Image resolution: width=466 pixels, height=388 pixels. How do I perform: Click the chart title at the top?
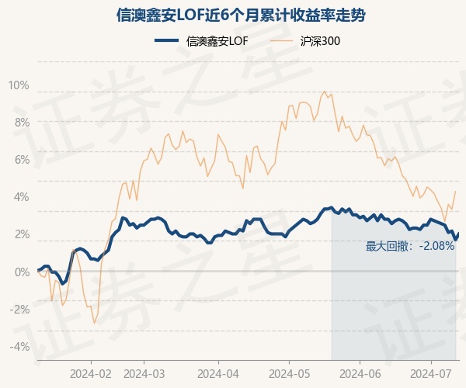point(233,15)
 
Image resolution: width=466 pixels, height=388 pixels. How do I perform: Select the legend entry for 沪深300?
point(306,40)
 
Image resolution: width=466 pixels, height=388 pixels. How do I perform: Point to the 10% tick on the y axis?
point(19,85)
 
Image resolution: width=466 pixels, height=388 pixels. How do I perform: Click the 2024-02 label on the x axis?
point(91,373)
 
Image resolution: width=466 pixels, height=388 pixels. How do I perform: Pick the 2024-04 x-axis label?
point(217,373)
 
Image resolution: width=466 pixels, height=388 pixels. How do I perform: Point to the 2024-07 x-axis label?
point(431,373)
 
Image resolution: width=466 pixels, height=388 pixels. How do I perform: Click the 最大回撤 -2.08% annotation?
point(410,247)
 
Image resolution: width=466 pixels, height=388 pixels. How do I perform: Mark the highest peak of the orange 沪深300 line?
point(324,92)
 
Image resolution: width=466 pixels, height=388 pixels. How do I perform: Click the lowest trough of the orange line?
point(94,323)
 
